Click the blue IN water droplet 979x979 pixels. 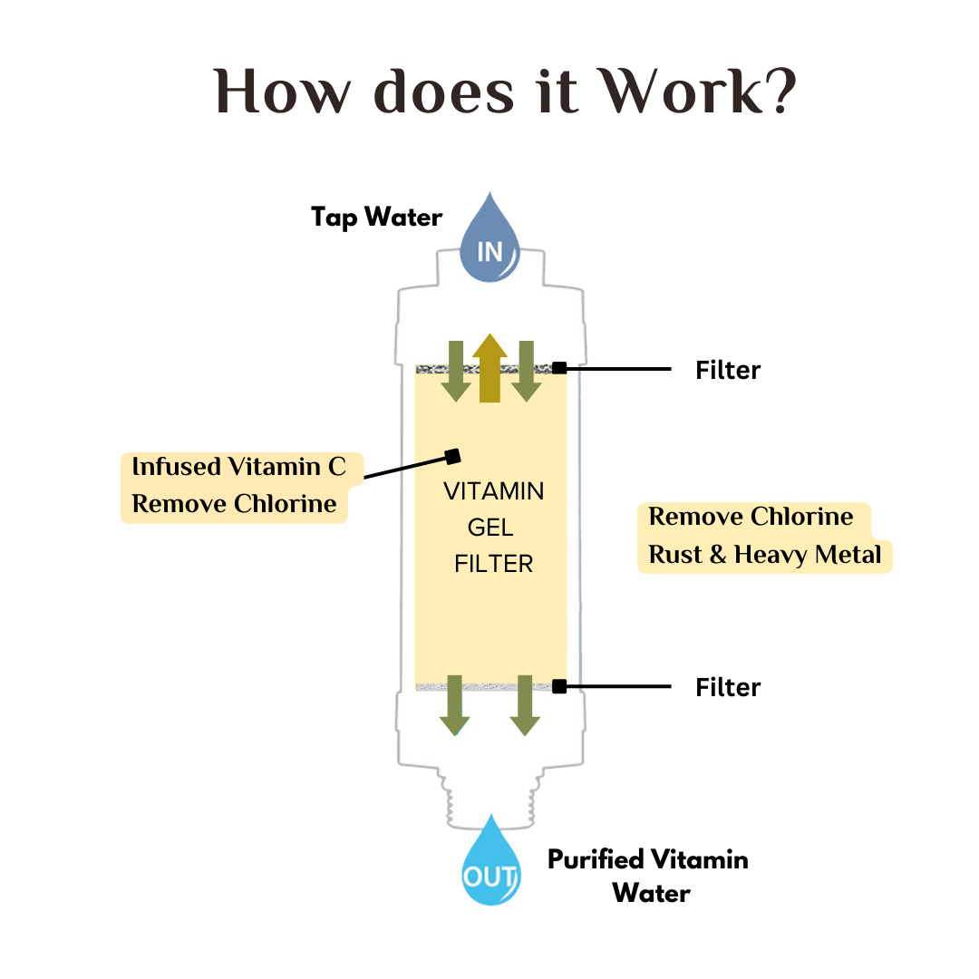[489, 240]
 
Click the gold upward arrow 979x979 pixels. [489, 367]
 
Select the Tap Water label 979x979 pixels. [376, 218]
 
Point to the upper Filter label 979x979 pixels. [728, 370]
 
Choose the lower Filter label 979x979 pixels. [728, 687]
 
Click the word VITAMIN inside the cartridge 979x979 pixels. [493, 491]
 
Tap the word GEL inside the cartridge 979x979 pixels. [491, 528]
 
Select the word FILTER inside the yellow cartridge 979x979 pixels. [493, 564]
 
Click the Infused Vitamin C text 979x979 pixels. [239, 467]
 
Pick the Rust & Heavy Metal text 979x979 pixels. [765, 554]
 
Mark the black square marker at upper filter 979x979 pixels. [560, 368]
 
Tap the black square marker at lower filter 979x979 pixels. [560, 686]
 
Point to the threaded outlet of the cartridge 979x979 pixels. [489, 798]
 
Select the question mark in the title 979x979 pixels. [778, 91]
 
